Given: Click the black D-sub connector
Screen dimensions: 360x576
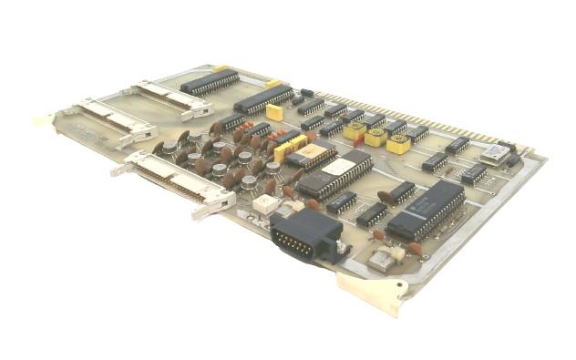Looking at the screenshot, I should [304, 239].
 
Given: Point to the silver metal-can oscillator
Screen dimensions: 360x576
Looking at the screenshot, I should [496, 153].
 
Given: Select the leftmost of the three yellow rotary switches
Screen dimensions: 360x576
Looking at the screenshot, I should [355, 129].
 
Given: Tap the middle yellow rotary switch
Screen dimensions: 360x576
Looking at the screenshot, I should [375, 137].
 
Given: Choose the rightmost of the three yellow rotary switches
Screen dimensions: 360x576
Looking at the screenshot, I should [398, 144].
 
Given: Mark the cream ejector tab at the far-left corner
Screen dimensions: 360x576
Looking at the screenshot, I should [44, 119].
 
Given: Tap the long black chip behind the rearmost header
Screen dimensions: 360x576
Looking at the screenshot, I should [210, 82].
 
